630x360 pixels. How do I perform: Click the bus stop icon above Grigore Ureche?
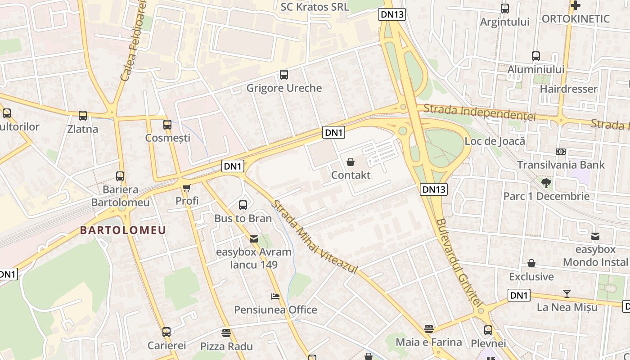click(283, 75)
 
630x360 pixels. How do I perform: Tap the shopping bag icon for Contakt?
click(351, 162)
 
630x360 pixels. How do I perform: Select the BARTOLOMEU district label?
click(123, 230)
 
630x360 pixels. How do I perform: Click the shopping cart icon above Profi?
click(187, 188)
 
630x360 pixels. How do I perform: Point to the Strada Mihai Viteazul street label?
click(314, 237)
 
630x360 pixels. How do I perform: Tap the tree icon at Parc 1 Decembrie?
click(546, 183)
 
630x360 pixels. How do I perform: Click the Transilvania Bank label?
click(561, 165)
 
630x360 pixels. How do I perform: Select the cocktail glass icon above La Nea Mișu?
click(567, 294)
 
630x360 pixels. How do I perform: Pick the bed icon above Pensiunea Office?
click(275, 297)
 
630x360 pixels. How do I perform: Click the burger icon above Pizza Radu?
click(226, 333)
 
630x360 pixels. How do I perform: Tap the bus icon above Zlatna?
click(83, 116)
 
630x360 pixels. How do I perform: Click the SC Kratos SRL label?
click(315, 7)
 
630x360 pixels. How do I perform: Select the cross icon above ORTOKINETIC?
click(575, 5)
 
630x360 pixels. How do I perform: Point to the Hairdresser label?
click(568, 89)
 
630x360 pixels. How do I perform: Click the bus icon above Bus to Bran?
click(243, 205)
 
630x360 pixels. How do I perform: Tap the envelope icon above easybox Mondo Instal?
click(595, 236)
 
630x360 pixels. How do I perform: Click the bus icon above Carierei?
click(166, 332)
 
